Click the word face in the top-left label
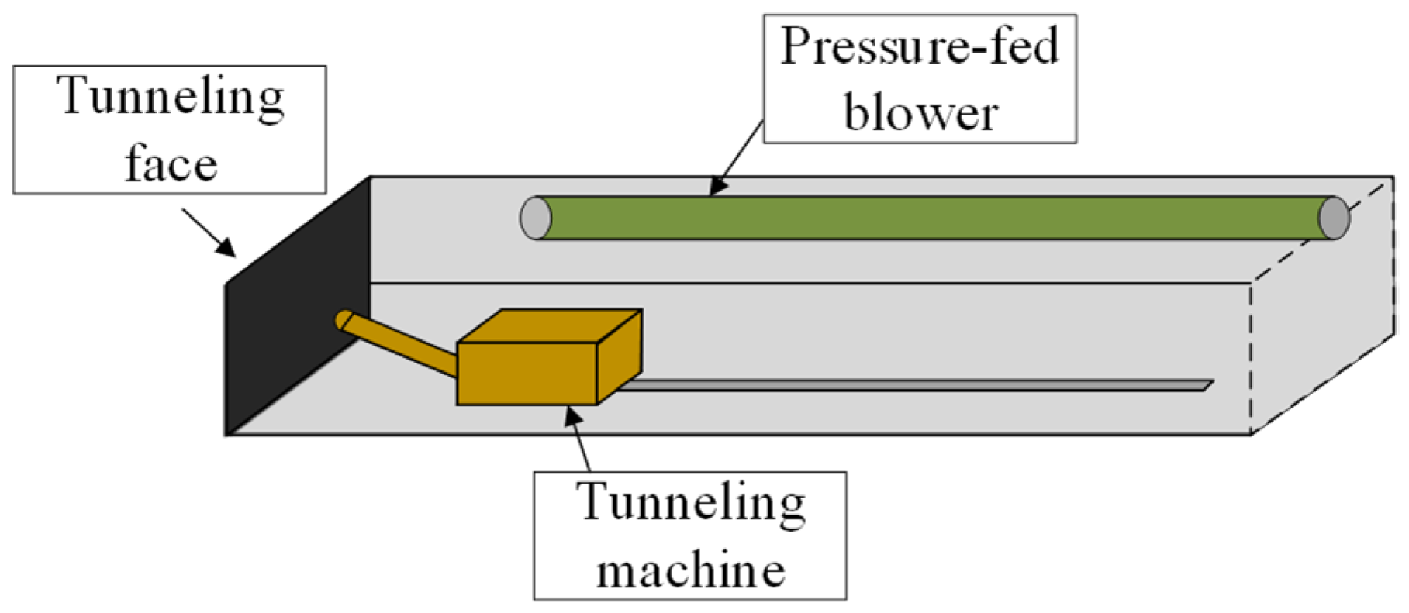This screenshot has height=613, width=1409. (171, 164)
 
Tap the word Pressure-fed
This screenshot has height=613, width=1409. (919, 46)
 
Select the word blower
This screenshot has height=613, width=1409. (920, 113)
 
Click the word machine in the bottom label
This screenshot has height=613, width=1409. (690, 570)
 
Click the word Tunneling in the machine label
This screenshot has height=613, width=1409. (690, 504)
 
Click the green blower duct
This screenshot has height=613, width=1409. (931, 218)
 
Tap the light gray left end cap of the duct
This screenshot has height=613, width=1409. (534, 218)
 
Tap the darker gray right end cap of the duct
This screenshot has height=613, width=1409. (1334, 218)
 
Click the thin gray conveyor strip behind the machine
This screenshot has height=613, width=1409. (915, 384)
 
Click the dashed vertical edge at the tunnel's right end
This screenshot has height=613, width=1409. (1251, 356)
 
